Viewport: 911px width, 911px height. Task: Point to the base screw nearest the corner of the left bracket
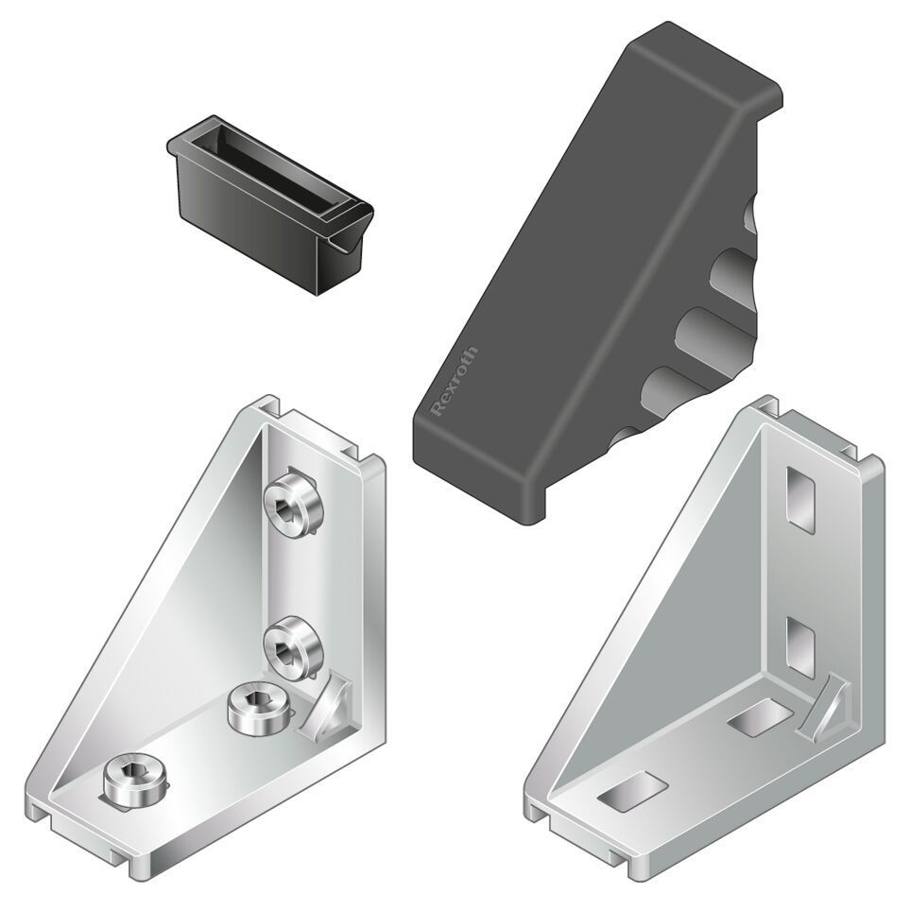[252, 708]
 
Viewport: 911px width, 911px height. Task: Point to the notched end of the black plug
[347, 232]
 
